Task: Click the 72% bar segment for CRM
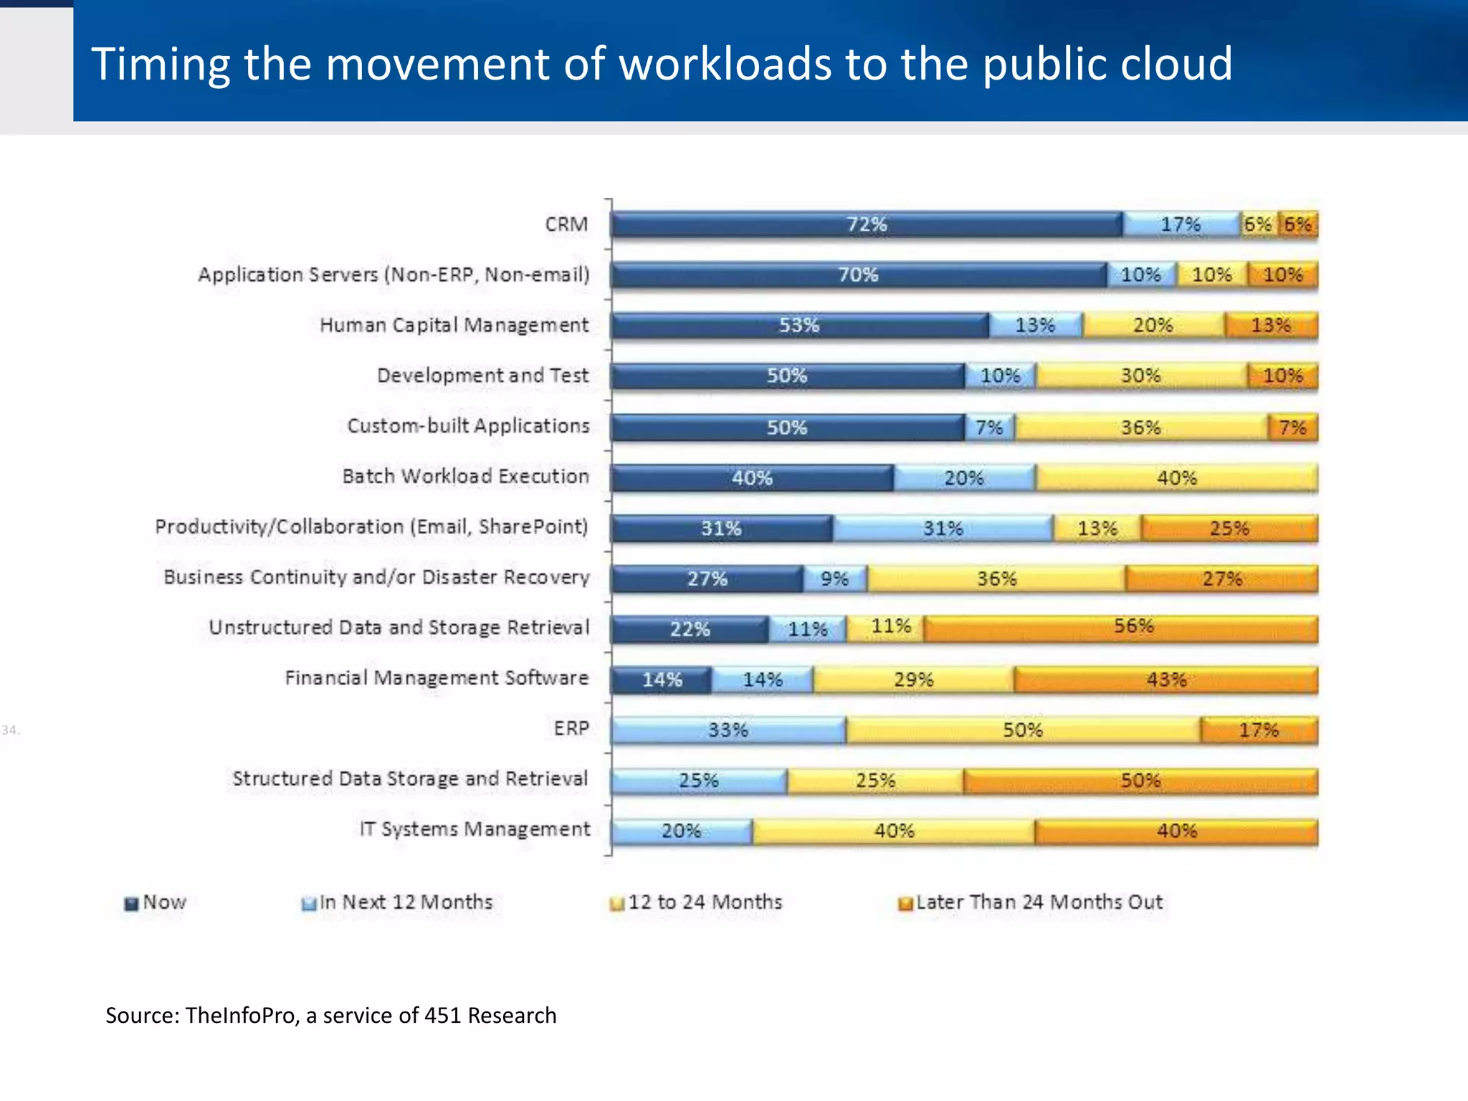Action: [x=867, y=224]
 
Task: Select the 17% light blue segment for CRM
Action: [x=1181, y=224]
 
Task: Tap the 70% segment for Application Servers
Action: [x=858, y=275]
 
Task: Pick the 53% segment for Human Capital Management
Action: [x=799, y=325]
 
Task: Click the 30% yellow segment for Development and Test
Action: [x=1140, y=376]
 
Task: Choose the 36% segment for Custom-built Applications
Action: [x=1140, y=428]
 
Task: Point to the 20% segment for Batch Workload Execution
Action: [x=963, y=478]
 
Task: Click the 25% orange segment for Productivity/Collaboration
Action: [x=1229, y=529]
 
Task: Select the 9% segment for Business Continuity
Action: [x=834, y=579]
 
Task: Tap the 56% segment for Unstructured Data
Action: [x=1133, y=628]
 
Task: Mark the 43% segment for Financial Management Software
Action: [x=1166, y=680]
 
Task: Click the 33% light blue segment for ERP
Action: [x=728, y=730]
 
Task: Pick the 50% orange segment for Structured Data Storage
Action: [x=1140, y=781]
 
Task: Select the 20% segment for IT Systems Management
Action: [x=681, y=831]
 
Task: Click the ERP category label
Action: [x=571, y=728]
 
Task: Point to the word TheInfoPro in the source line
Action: [x=240, y=1016]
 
